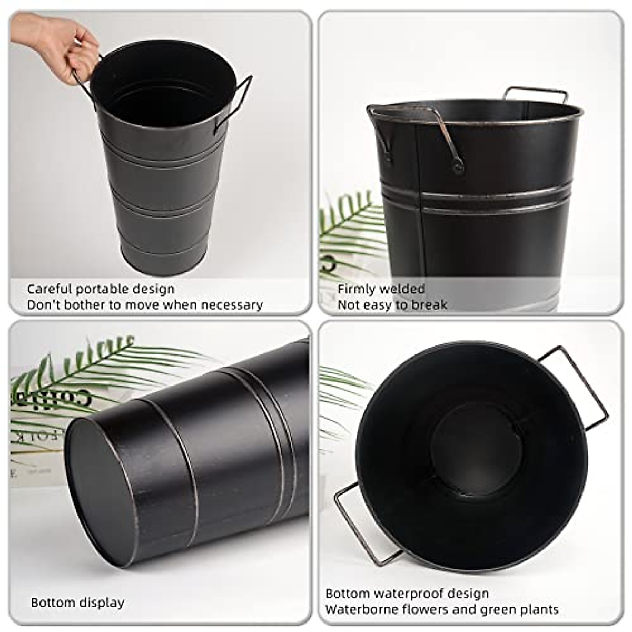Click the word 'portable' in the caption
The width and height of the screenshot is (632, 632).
tap(101, 289)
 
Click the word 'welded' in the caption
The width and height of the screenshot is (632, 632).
tap(402, 289)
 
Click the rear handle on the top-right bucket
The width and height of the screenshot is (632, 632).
tap(535, 93)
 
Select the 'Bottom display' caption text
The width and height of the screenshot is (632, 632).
tap(77, 603)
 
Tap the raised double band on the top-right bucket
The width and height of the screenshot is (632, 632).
tap(474, 200)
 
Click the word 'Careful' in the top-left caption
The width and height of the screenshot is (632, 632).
tap(50, 289)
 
